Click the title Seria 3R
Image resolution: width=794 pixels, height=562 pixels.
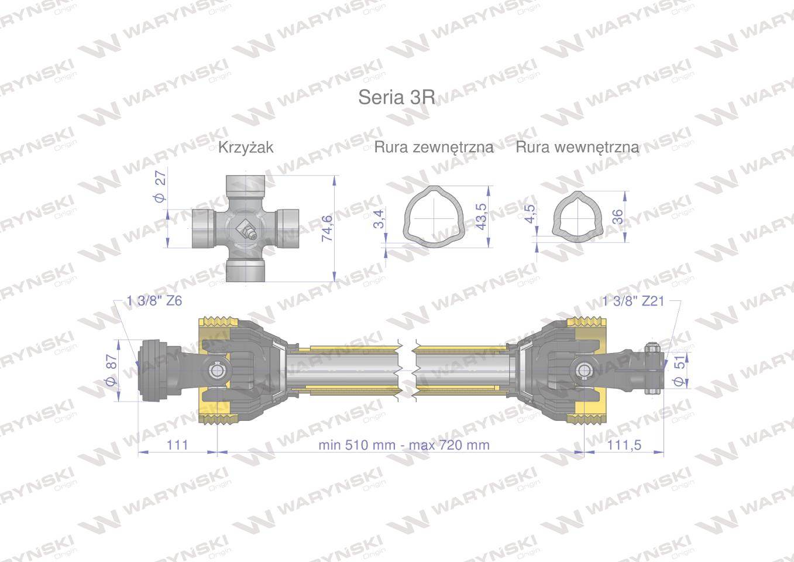tap(397, 97)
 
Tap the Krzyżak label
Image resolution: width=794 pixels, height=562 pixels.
tap(246, 147)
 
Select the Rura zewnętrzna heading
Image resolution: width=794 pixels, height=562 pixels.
tap(434, 147)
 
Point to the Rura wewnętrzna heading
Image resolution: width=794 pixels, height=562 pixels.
tap(578, 147)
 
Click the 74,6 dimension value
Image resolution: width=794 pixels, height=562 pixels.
tap(327, 229)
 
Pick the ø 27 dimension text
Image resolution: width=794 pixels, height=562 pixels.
tap(160, 187)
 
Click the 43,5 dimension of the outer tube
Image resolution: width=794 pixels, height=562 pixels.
tap(482, 217)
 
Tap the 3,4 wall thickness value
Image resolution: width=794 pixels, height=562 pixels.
tap(379, 218)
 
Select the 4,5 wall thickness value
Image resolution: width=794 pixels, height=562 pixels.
tap(530, 214)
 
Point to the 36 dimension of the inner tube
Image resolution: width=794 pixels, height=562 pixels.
tap(617, 217)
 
